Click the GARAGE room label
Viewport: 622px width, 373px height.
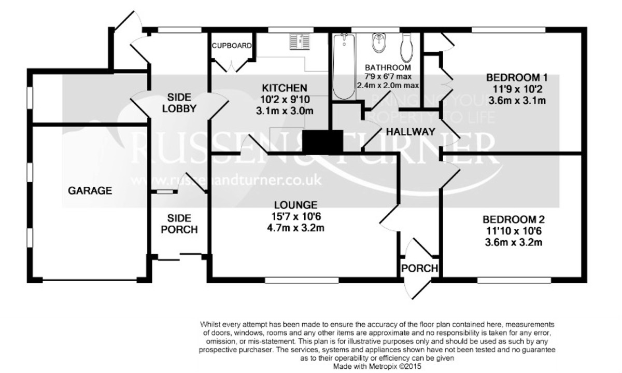point(90,190)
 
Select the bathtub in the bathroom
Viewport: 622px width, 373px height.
point(343,67)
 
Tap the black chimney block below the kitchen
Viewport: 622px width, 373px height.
point(323,141)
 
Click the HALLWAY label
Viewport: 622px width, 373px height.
point(410,132)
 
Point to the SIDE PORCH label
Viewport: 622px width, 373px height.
point(178,224)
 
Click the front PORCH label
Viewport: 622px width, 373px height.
point(420,269)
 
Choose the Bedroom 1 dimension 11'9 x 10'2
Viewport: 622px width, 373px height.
point(516,89)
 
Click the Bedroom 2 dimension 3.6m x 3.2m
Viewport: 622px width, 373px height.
point(513,242)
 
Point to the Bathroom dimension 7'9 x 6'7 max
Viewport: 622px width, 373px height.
point(388,77)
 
